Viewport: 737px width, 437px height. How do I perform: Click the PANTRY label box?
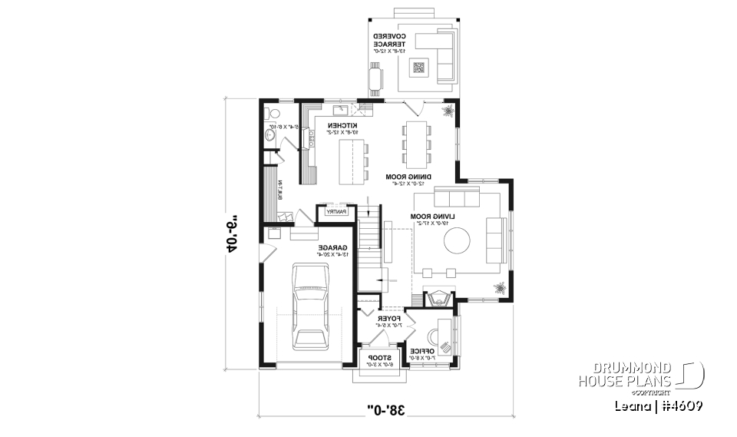click(337, 211)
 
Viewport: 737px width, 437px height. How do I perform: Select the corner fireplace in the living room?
click(441, 298)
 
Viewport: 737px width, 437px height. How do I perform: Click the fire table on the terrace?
click(419, 67)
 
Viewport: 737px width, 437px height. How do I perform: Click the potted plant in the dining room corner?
click(447, 112)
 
